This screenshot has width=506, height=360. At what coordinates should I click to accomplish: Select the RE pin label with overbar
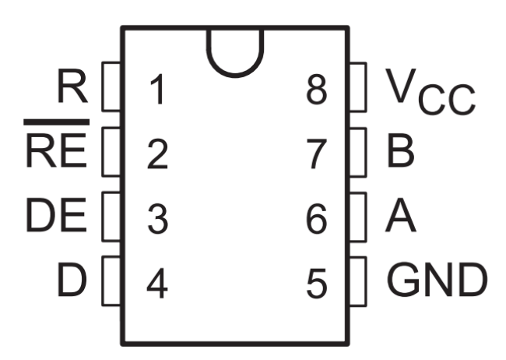(57, 154)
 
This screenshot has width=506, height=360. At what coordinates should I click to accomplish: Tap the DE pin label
(57, 219)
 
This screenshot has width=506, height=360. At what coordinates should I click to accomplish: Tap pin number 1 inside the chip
(157, 91)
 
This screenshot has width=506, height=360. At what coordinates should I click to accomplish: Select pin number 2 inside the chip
(157, 155)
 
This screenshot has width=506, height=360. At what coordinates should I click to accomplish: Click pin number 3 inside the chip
(157, 220)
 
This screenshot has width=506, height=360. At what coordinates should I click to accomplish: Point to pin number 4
(157, 284)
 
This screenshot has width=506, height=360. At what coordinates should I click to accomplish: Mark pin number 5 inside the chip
(316, 284)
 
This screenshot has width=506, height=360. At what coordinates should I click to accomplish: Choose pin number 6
(316, 220)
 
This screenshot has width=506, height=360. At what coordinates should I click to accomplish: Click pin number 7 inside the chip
(316, 155)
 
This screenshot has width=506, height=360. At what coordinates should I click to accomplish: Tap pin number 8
(316, 91)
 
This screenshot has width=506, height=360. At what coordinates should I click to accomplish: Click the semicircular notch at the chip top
(235, 55)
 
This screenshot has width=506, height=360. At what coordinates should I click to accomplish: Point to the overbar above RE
(57, 122)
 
